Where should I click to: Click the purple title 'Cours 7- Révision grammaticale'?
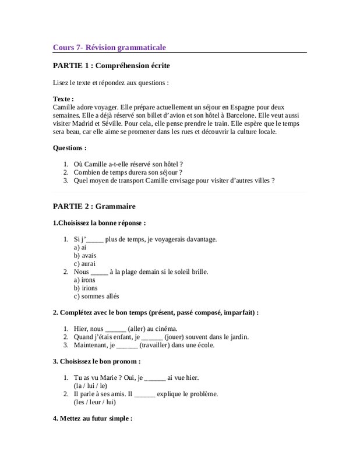111,47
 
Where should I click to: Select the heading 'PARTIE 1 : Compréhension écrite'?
111,66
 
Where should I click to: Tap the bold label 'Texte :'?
63,100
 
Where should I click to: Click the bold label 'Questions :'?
69,148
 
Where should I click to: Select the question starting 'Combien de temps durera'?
128,172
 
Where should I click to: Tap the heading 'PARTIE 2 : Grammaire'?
94,206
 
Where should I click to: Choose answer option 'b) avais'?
85,255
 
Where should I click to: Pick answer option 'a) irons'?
84,280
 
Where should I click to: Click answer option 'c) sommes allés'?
96,296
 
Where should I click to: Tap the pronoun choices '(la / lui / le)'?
90,386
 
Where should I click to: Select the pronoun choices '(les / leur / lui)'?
94,403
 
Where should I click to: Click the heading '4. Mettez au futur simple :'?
93,418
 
